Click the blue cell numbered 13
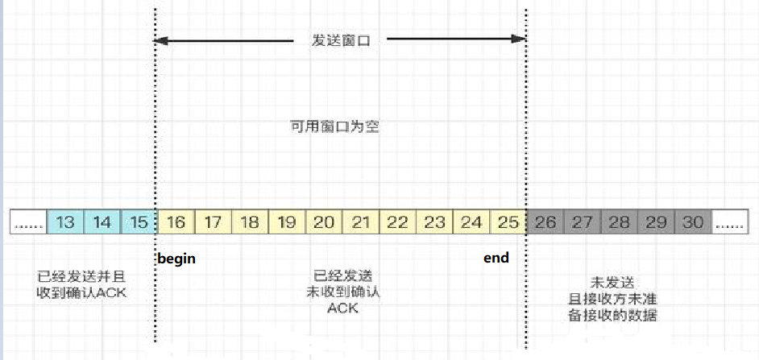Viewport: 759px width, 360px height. [65, 221]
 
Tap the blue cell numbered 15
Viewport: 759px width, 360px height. [139, 221]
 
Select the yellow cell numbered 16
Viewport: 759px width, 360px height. [176, 221]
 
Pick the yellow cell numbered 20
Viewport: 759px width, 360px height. [324, 221]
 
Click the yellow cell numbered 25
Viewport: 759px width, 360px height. [508, 221]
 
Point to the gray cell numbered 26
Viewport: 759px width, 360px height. [545, 221]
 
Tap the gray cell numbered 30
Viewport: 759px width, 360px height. [692, 221]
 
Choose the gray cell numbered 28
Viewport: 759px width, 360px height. [619, 221]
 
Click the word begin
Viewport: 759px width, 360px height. [176, 259]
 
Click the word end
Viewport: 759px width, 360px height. [496, 259]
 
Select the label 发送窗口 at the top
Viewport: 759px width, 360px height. [341, 39]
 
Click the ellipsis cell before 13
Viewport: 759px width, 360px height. [29, 222]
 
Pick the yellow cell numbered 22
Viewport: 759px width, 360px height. [397, 221]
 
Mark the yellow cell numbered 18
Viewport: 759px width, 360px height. [250, 221]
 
